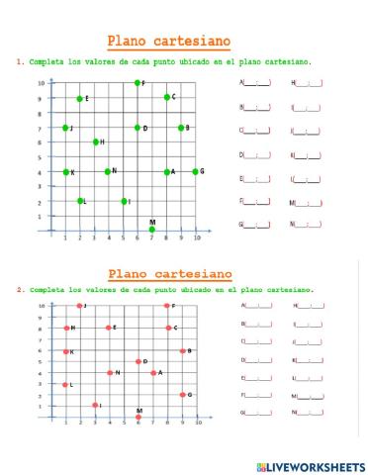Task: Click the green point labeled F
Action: click(x=138, y=82)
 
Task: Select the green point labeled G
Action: click(x=195, y=171)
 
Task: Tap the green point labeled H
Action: click(x=96, y=142)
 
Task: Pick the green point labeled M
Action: click(x=151, y=230)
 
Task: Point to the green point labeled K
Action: click(x=66, y=172)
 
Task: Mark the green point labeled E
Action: click(x=80, y=98)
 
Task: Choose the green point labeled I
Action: click(x=125, y=201)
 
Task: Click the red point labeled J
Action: click(x=79, y=306)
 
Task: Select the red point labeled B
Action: click(x=183, y=351)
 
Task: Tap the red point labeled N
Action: click(x=110, y=373)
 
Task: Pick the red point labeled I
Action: click(x=95, y=405)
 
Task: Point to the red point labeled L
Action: click(x=66, y=385)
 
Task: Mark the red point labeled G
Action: click(x=183, y=394)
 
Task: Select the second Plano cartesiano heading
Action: click(x=169, y=273)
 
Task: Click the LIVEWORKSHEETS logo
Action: click(x=309, y=465)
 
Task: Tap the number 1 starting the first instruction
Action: click(x=20, y=61)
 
